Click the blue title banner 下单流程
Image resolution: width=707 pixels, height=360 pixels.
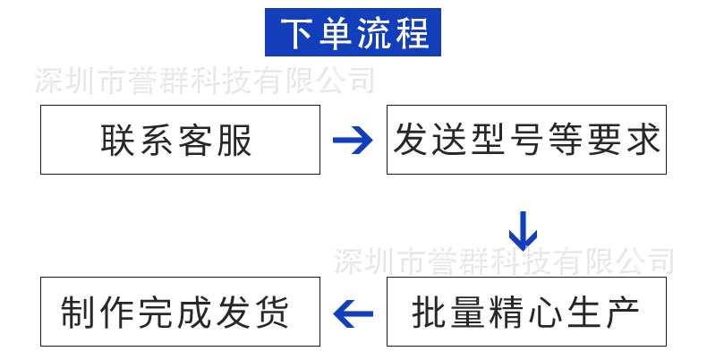[353, 32]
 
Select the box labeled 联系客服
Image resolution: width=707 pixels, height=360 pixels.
[180, 140]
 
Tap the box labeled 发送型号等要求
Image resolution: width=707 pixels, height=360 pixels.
[526, 140]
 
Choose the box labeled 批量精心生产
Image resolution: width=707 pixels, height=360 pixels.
[526, 312]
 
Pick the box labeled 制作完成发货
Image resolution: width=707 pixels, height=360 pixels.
[180, 312]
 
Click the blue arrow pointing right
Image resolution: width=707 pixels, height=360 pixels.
[353, 140]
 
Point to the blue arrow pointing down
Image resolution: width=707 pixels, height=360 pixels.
[524, 230]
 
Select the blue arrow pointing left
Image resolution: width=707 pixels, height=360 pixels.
[353, 313]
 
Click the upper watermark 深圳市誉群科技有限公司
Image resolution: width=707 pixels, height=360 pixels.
[204, 82]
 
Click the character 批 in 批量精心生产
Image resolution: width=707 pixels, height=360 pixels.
[429, 313]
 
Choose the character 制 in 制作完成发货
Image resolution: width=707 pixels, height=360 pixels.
[78, 313]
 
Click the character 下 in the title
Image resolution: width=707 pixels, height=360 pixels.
[299, 33]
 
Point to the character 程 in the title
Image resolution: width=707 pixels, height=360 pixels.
[411, 33]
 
